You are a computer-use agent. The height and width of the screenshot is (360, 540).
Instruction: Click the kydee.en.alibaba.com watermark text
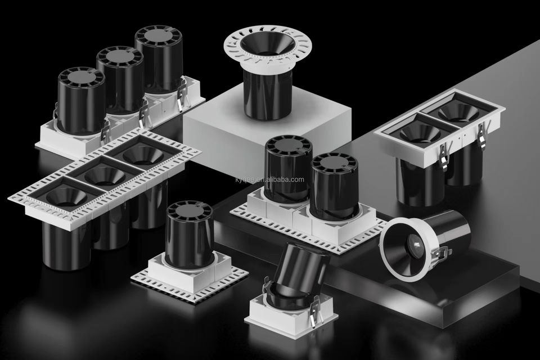[269, 179]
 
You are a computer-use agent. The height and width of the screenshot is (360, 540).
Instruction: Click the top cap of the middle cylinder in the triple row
[120, 57]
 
